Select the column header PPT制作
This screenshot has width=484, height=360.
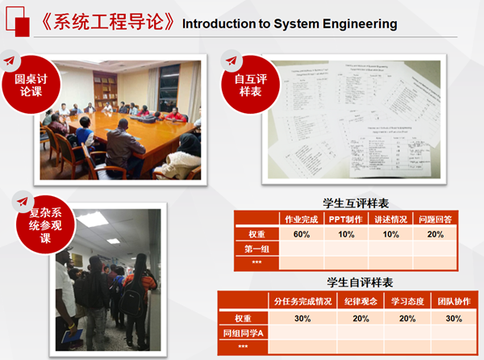tap(346, 220)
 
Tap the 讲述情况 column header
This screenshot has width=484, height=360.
tap(391, 220)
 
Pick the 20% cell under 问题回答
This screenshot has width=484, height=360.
tap(436, 234)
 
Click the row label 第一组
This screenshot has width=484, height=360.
tap(257, 249)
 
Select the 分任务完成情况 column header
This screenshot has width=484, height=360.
tap(302, 302)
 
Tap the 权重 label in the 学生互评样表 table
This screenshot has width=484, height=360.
tap(257, 234)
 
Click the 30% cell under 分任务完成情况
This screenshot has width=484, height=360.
tap(302, 318)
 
